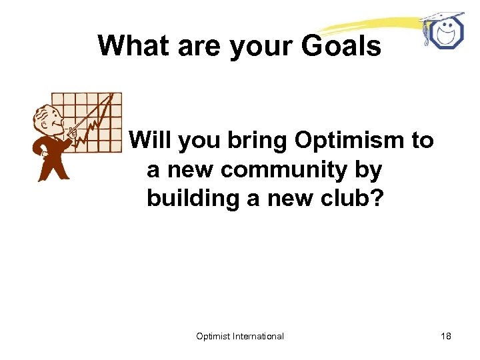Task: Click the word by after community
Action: click(368, 171)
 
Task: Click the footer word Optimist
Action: click(213, 336)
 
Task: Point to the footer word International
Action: click(258, 336)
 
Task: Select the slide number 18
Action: click(445, 336)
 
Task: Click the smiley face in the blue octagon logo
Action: click(444, 33)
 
